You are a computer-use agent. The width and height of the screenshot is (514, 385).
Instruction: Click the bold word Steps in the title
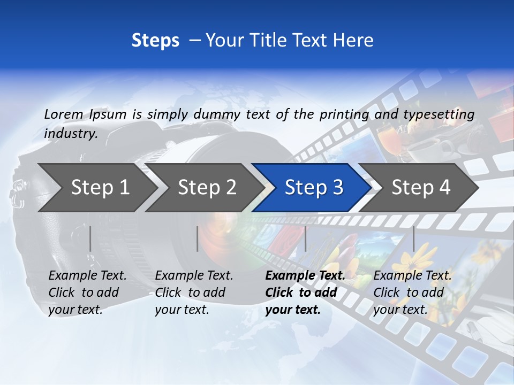click(155, 40)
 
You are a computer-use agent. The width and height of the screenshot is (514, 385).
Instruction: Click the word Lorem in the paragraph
click(63, 114)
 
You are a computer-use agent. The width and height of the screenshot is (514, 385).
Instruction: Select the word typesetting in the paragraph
click(439, 114)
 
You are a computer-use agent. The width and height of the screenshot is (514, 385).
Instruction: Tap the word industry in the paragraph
click(70, 134)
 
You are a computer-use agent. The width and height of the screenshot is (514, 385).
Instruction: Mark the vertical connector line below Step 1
click(90, 238)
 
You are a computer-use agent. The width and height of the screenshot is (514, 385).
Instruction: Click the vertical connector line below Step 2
click(198, 238)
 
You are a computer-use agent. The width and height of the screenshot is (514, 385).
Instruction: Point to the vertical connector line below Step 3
click(305, 238)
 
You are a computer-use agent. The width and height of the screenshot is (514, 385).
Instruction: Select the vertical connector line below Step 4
click(413, 238)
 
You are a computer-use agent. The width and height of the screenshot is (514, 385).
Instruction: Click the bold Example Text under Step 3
click(305, 276)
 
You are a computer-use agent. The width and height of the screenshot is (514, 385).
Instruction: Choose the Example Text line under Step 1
click(87, 276)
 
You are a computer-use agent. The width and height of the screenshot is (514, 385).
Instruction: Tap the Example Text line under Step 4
click(412, 276)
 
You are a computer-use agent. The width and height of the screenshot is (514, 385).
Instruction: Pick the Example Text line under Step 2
click(194, 276)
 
